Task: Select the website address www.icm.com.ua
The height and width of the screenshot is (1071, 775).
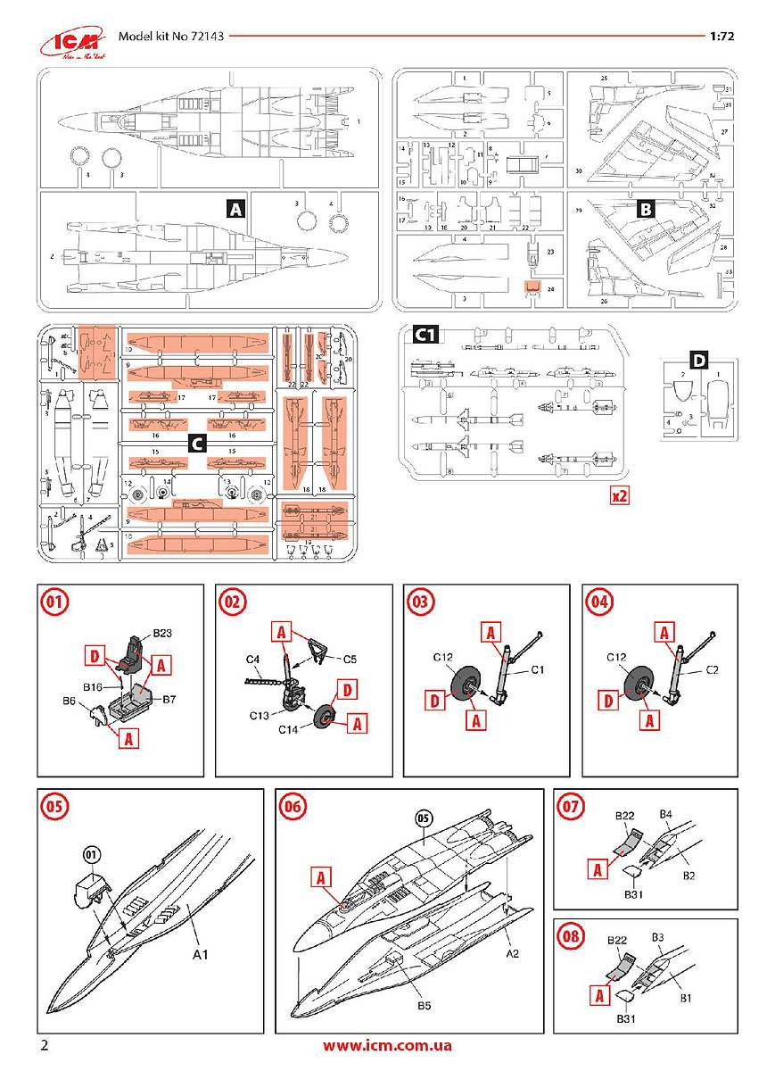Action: tap(387, 1045)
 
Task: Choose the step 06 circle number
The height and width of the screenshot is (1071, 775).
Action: tap(292, 806)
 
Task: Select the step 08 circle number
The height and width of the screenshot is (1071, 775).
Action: tap(570, 936)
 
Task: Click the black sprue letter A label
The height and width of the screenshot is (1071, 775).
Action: tap(235, 210)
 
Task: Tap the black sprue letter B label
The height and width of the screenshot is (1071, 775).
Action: tap(647, 210)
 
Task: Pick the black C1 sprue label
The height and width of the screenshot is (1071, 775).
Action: tap(425, 335)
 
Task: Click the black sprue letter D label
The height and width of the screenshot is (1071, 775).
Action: tap(699, 360)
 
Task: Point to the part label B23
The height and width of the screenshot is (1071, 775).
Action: tap(161, 633)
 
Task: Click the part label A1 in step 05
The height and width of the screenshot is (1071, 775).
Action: tap(201, 954)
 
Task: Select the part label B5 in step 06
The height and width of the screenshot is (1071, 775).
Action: tap(425, 1006)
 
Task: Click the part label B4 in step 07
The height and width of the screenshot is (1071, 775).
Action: tap(665, 814)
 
